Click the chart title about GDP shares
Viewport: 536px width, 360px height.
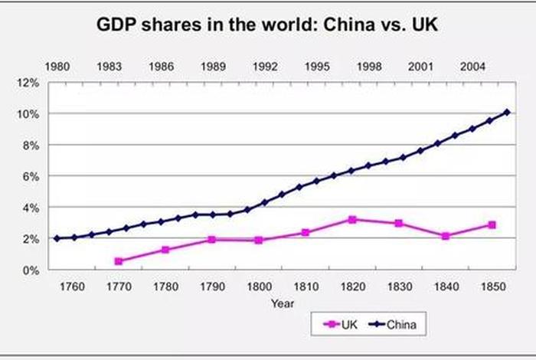[266, 25]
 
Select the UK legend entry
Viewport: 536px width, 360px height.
[341, 324]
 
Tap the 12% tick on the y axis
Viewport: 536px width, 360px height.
[28, 82]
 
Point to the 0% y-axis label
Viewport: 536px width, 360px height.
[31, 270]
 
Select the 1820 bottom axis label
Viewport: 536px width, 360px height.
[352, 286]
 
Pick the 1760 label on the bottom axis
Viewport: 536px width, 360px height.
[71, 286]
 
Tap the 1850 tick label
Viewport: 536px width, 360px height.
[492, 286]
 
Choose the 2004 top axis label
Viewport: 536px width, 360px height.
[472, 66]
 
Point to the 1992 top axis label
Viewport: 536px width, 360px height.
[265, 66]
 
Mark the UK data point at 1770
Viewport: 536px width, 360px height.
[119, 261]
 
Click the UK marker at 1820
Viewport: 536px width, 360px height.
[352, 220]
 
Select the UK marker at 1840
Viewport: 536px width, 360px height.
[446, 236]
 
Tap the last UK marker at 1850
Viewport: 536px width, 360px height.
[492, 225]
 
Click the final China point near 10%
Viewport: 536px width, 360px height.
[506, 113]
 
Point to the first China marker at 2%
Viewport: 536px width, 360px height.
[57, 238]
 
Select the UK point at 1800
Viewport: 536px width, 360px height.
[259, 241]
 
